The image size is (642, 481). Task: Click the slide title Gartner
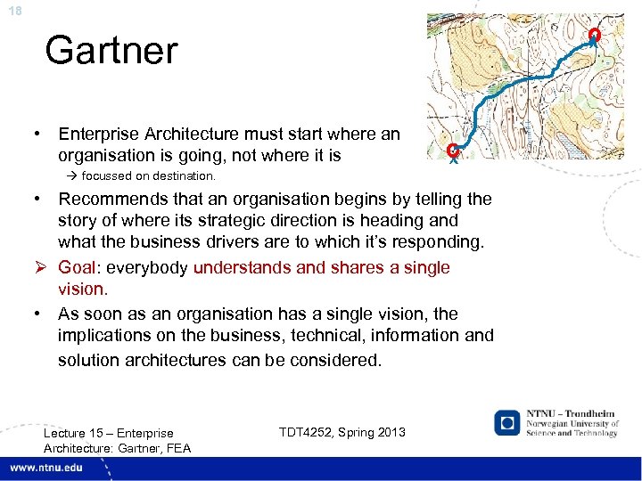[x=111, y=50]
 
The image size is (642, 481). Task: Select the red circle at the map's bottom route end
[x=453, y=150]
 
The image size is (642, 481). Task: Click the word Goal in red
[x=78, y=267]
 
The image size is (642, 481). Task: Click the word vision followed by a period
[x=83, y=289]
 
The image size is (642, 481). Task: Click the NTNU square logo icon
[x=507, y=422]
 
